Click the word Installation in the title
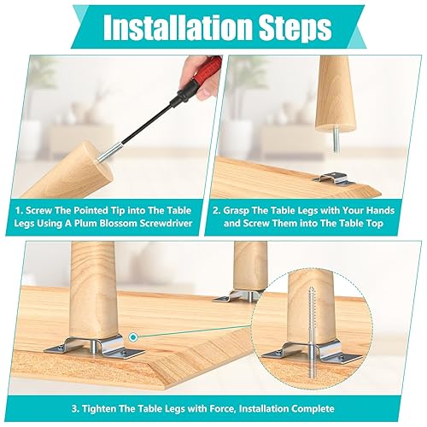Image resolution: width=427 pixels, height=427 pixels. pyautogui.click(x=178, y=26)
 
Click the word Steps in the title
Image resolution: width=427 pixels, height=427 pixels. pyautogui.click(x=295, y=27)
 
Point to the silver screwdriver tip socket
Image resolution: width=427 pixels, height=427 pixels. pyautogui.click(x=110, y=153)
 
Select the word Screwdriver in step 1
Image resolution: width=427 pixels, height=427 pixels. pyautogui.click(x=166, y=223)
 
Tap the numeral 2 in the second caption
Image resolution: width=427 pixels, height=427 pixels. pyautogui.click(x=215, y=211)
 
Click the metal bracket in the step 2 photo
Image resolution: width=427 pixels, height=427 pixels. pyautogui.click(x=335, y=179)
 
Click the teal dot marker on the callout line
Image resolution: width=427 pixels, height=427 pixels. pyautogui.click(x=133, y=337)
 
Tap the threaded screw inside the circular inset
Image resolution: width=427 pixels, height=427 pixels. pyautogui.click(x=312, y=336)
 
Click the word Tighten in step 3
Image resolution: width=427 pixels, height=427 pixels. pyautogui.click(x=99, y=409)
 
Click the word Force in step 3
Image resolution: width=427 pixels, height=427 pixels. pyautogui.click(x=222, y=409)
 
